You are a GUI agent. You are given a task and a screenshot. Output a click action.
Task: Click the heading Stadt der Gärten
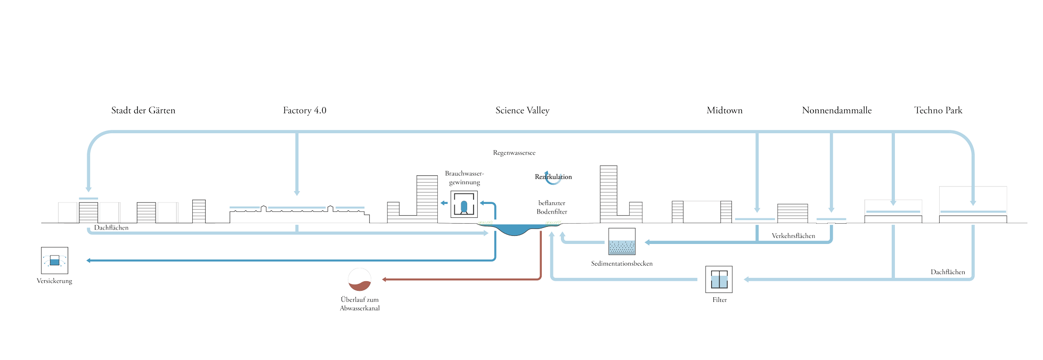pyautogui.click(x=143, y=110)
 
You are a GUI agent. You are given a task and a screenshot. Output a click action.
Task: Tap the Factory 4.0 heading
pyautogui.click(x=304, y=110)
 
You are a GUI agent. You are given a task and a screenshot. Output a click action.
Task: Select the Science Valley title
pyautogui.click(x=522, y=110)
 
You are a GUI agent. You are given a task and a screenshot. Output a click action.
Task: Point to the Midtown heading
pyautogui.click(x=724, y=110)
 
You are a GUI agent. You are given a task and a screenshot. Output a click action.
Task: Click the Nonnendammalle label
pyautogui.click(x=836, y=110)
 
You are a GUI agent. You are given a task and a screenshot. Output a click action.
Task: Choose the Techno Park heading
pyautogui.click(x=938, y=110)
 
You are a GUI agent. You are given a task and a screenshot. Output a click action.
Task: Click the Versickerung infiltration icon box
pyautogui.click(x=54, y=260)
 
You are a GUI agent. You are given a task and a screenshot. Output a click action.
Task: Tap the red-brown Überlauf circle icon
pyautogui.click(x=360, y=280)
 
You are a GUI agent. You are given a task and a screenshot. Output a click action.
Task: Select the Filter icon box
pyautogui.click(x=719, y=279)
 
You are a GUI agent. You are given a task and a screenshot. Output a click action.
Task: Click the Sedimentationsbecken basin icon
pyautogui.click(x=622, y=242)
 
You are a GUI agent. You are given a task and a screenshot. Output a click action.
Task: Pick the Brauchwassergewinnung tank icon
pyautogui.click(x=464, y=204)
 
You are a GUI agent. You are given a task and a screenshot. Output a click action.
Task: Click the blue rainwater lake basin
pyautogui.click(x=514, y=230)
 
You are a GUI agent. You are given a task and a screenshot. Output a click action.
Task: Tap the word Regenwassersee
pyautogui.click(x=514, y=153)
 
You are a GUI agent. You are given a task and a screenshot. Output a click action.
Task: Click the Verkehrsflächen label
pyautogui.click(x=793, y=236)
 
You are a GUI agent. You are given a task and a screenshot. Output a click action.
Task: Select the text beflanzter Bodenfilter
pyautogui.click(x=552, y=207)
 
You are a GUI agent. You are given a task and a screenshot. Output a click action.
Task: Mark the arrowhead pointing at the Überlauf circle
pyautogui.click(x=384, y=279)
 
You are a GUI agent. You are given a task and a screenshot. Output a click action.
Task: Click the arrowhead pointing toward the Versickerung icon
pyautogui.click(x=88, y=260)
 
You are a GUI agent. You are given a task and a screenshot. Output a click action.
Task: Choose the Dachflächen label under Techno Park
pyautogui.click(x=948, y=272)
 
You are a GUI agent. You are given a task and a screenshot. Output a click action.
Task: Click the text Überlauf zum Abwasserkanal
pyautogui.click(x=360, y=304)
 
